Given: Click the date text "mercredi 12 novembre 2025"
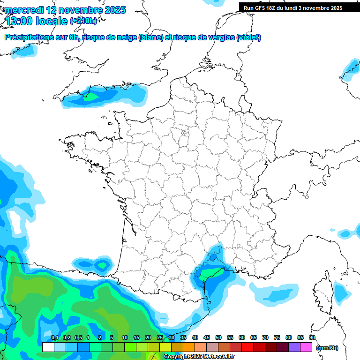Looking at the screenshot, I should tap(65, 10).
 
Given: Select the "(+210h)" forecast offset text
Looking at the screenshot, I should tap(83, 21).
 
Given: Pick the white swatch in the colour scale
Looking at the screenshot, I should tap(48, 347).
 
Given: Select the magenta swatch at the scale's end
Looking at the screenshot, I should tap(306, 347).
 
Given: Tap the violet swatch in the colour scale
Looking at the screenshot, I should tap(294, 347).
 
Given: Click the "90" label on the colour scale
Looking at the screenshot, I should tap(312, 337).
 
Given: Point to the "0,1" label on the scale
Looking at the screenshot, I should tap(54, 337).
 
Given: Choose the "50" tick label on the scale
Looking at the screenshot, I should tap(218, 337).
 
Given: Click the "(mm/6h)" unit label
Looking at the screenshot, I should tap(327, 348).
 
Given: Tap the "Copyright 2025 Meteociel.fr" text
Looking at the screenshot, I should tap(199, 357).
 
